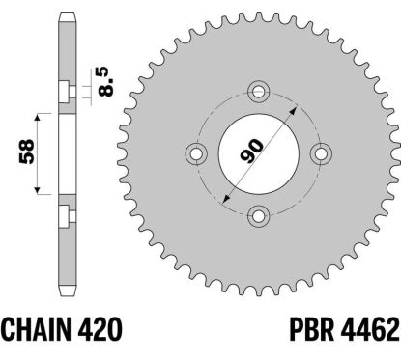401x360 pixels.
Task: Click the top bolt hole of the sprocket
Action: tap(258, 92)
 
